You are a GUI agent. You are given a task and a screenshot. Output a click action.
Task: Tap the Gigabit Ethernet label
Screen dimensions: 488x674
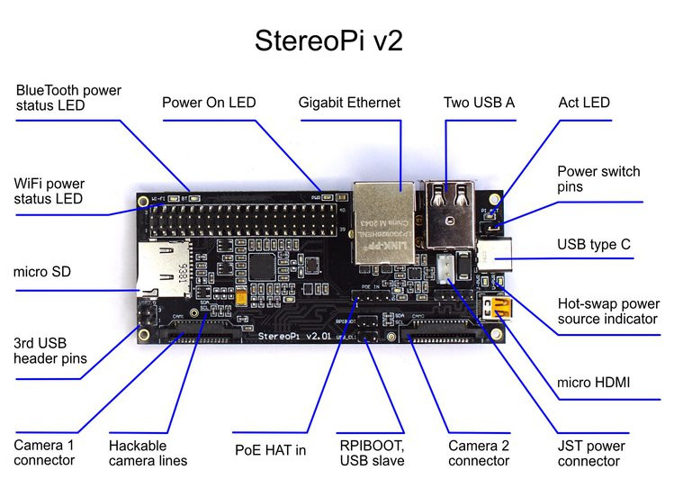[349, 103]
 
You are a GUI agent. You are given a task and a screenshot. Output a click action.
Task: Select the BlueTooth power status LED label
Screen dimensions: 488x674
[68, 98]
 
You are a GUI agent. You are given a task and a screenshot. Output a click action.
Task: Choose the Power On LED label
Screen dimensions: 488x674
[209, 103]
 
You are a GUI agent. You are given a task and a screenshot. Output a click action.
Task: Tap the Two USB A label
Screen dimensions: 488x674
[479, 103]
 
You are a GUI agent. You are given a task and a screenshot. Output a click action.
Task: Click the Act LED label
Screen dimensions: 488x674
[584, 103]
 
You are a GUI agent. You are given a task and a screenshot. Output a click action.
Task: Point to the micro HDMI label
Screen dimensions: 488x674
[594, 383]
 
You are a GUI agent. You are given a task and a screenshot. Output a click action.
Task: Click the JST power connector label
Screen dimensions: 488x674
[590, 453]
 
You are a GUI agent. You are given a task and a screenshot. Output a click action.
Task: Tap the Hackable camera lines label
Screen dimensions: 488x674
[148, 453]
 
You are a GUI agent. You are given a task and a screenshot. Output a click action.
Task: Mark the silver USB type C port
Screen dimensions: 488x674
[496, 253]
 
